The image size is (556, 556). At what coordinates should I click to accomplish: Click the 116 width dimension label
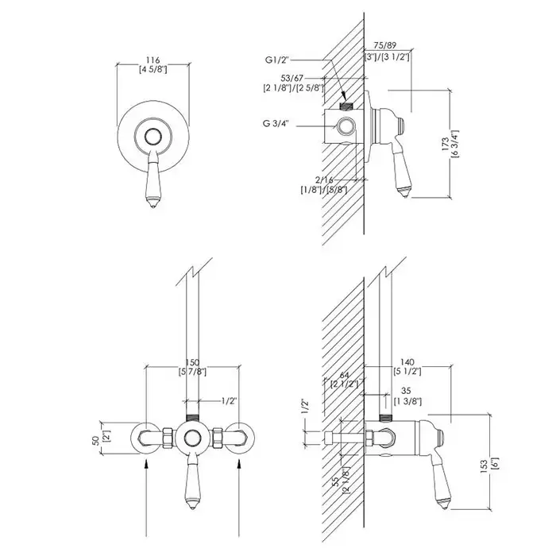(153, 60)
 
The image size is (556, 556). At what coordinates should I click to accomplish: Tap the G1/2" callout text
(278, 60)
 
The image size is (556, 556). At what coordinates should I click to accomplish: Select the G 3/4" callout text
(276, 123)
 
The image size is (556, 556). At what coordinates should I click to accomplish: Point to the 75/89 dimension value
(385, 46)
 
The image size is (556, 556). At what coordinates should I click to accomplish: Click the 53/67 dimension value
(292, 78)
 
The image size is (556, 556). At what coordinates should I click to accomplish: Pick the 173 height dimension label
(446, 145)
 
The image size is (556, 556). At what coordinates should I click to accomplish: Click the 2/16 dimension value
(324, 180)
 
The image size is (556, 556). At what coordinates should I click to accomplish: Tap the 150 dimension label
(192, 363)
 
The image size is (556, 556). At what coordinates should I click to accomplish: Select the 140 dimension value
(407, 362)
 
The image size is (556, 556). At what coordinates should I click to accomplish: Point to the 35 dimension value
(406, 391)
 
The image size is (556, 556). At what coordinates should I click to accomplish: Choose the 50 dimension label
(96, 441)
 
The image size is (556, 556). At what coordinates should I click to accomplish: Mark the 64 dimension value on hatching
(344, 375)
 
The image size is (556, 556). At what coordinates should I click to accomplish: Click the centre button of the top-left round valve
(153, 137)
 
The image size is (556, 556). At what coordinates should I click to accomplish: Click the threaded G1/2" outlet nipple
(346, 106)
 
